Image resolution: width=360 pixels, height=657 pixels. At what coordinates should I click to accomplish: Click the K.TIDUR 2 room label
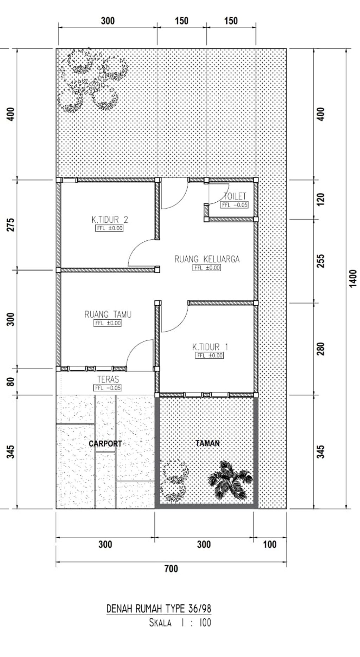(110, 220)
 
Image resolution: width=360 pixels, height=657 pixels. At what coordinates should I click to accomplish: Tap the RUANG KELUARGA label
(207, 259)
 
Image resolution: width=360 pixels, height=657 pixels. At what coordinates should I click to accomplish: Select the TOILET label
(235, 196)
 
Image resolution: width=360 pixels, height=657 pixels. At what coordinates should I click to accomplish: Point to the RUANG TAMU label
(108, 314)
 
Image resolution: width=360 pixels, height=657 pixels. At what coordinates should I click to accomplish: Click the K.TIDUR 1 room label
(210, 347)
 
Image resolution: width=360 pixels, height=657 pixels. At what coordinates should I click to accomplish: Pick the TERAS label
(108, 379)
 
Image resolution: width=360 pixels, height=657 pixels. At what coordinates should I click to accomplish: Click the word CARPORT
(105, 444)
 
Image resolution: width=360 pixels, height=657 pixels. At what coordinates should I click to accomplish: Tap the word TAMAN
(207, 443)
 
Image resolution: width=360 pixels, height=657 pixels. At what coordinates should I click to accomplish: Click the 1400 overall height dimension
(353, 278)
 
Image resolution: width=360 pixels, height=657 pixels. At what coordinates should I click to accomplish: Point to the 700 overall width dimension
(171, 568)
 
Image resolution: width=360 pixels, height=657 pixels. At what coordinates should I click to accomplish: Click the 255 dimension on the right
(321, 261)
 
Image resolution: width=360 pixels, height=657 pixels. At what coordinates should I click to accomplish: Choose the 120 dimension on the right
(321, 199)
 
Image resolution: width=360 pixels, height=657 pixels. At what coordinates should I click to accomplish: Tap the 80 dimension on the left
(11, 382)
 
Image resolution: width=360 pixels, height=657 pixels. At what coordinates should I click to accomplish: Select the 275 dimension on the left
(11, 225)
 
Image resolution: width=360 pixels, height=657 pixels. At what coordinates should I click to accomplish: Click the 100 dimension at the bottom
(270, 545)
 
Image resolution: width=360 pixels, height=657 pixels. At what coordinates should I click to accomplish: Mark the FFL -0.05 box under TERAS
(108, 388)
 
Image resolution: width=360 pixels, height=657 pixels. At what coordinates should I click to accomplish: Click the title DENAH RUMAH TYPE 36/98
(159, 609)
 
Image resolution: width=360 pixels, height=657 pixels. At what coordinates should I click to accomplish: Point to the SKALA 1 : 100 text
(180, 623)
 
